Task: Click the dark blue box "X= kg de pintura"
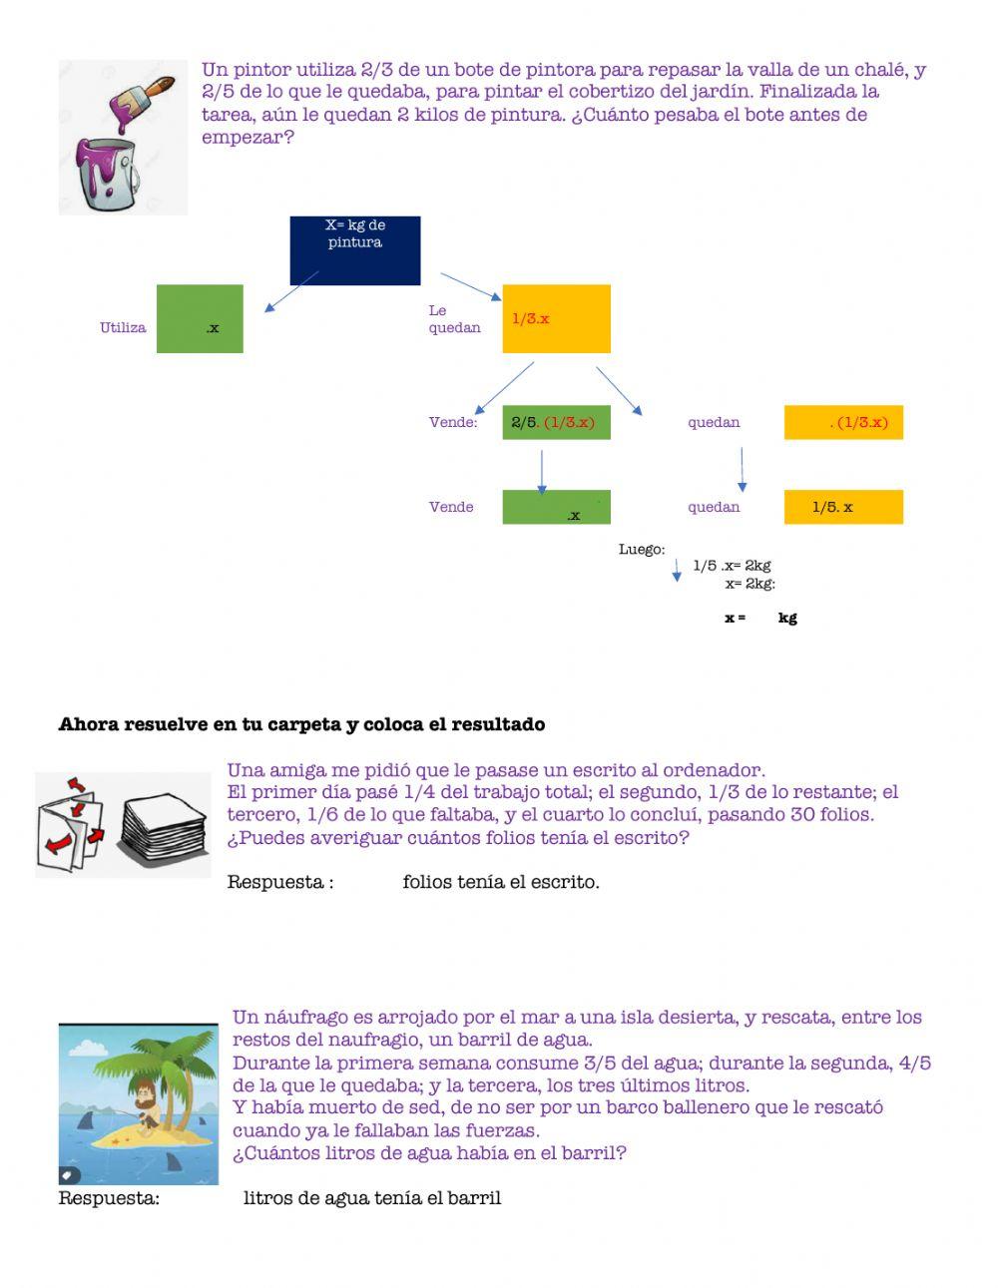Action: (x=354, y=249)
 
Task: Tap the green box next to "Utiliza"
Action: (x=200, y=318)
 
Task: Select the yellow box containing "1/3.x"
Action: (x=556, y=318)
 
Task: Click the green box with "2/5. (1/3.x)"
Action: (x=556, y=422)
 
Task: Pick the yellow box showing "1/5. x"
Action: (x=843, y=507)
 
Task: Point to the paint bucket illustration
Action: (x=107, y=172)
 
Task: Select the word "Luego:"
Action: (x=642, y=550)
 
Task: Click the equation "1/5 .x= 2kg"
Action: (x=732, y=566)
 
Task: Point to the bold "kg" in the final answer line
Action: (x=787, y=618)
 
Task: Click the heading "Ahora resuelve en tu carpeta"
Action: (x=301, y=724)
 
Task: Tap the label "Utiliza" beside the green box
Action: (x=123, y=327)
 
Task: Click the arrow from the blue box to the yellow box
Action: (x=471, y=286)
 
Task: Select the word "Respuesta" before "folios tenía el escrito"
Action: (x=275, y=882)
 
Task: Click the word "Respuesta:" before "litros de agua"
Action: (x=109, y=1198)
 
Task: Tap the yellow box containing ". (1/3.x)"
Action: (x=843, y=422)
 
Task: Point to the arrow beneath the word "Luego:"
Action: (x=677, y=570)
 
